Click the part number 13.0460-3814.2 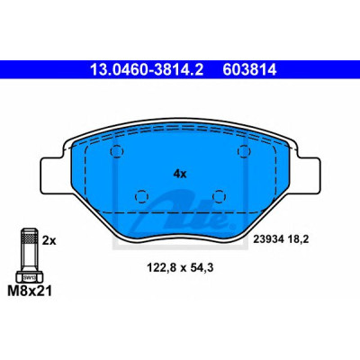147,70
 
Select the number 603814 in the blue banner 249,70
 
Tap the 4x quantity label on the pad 180,174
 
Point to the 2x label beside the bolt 49,240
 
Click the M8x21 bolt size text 30,291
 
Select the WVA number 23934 268,239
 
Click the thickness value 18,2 297,239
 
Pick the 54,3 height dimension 202,267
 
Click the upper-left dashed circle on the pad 117,151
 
